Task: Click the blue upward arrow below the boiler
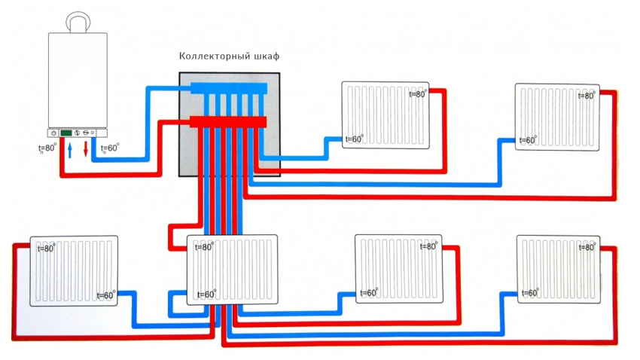coord(69,151)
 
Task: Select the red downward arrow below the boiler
coord(86,149)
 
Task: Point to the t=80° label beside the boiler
coord(47,148)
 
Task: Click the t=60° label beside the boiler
coord(109,148)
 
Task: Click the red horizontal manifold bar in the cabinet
coord(228,121)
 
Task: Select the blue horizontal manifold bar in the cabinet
coord(228,89)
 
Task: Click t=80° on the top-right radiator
coord(587,95)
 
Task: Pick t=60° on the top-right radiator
coord(527,140)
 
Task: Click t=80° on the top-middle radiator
coord(417,94)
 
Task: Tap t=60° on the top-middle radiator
coord(354,139)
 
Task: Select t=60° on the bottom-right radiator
coord(529,292)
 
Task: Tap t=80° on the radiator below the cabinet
coord(204,247)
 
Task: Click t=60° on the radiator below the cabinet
coord(206,294)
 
